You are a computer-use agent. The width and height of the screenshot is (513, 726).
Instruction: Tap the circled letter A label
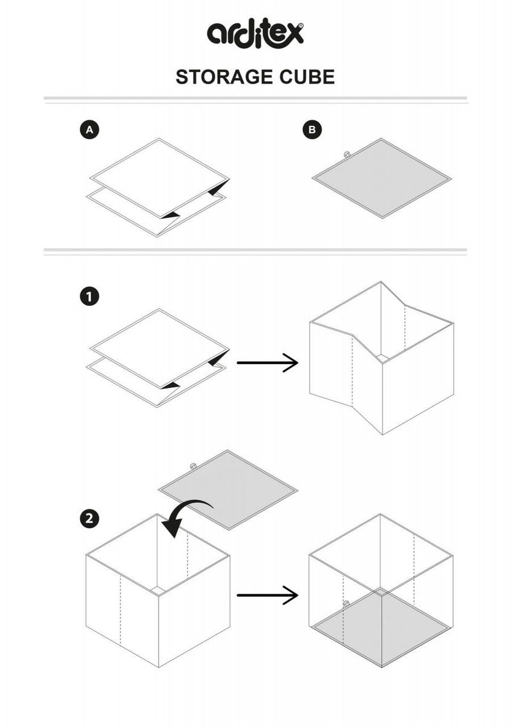[90, 129]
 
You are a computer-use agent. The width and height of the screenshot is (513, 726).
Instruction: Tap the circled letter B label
[312, 129]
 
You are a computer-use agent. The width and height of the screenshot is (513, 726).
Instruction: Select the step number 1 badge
[90, 297]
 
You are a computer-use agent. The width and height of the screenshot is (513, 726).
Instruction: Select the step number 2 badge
[90, 518]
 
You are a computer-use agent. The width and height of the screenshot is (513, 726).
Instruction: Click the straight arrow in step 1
[267, 363]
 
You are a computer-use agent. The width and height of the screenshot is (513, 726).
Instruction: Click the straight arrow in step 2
[267, 595]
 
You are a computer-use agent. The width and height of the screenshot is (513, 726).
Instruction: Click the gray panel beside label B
[382, 178]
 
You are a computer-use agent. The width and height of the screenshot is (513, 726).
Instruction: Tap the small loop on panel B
[347, 155]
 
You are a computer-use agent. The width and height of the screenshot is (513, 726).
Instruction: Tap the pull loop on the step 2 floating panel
[192, 466]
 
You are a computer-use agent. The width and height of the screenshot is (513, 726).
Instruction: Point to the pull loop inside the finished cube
[346, 604]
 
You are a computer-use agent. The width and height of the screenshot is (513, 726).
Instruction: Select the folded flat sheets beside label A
[159, 187]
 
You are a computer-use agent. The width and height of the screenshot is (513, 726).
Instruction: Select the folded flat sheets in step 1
[159, 358]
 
